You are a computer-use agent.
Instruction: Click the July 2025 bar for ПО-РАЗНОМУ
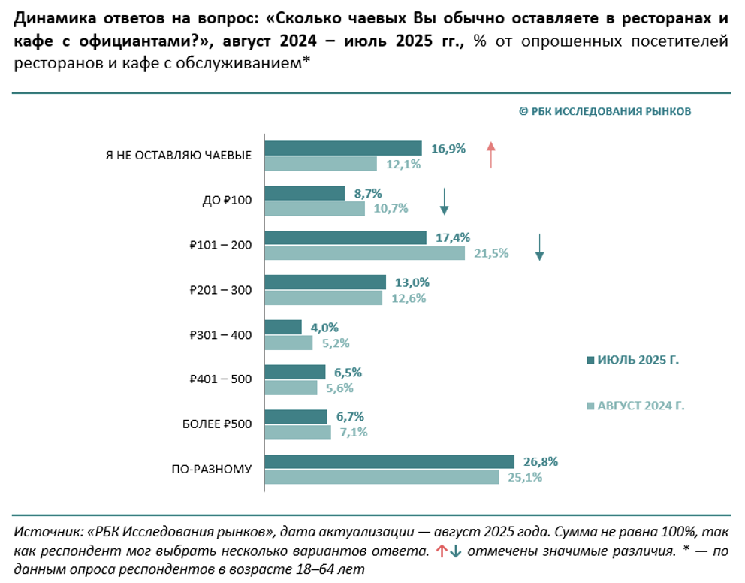pyautogui.click(x=389, y=461)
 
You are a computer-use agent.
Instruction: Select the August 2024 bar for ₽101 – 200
pyautogui.click(x=365, y=253)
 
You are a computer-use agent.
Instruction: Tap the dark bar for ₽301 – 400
pyautogui.click(x=283, y=327)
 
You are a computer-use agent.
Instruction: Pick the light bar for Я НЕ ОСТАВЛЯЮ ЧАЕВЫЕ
pyautogui.click(x=321, y=164)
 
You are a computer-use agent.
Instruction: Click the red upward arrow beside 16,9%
pyautogui.click(x=490, y=154)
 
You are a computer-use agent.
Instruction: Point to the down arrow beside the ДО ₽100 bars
pyautogui.click(x=444, y=201)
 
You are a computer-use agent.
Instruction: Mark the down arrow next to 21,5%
pyautogui.click(x=539, y=247)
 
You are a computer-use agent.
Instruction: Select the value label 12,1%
pyautogui.click(x=403, y=164)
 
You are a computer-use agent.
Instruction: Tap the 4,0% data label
pyautogui.click(x=324, y=327)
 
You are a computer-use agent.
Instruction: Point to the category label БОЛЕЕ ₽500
pyautogui.click(x=217, y=424)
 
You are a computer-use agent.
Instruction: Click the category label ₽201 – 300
pyautogui.click(x=221, y=290)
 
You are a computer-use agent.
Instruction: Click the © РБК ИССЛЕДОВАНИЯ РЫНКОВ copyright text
pyautogui.click(x=605, y=111)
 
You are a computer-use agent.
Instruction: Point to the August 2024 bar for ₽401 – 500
pyautogui.click(x=291, y=388)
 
